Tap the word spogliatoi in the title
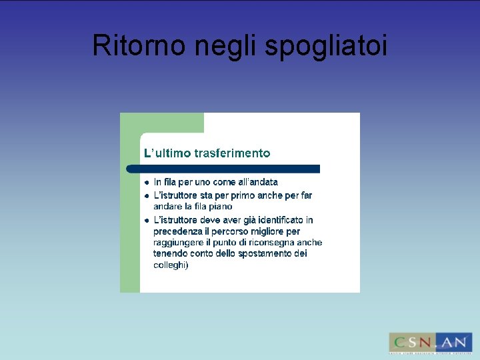tap(326, 47)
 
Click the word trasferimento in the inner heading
tap(232, 153)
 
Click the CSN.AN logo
tap(430, 343)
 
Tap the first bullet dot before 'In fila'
tap(146, 182)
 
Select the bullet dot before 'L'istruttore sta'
tap(146, 196)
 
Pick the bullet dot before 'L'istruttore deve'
tap(146, 220)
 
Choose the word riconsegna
tap(269, 243)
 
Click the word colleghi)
tap(171, 265)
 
